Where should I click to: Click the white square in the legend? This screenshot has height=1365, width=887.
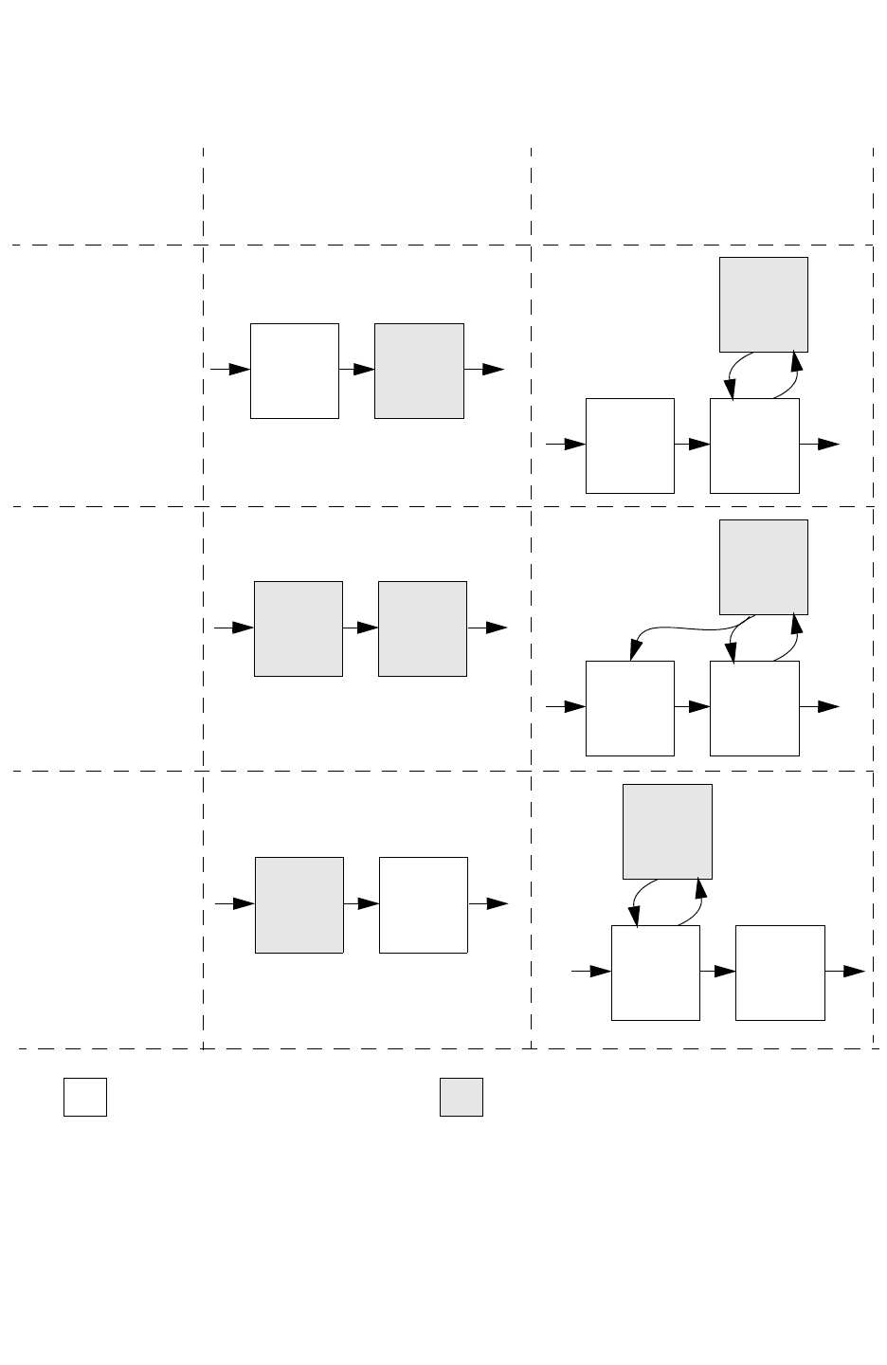(x=84, y=1097)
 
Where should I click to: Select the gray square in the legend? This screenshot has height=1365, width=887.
(x=461, y=1097)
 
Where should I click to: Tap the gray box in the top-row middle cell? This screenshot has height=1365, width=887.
(x=419, y=371)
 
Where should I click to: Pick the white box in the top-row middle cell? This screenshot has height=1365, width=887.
(x=294, y=371)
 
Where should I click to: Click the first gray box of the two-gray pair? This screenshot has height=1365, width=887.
(x=298, y=628)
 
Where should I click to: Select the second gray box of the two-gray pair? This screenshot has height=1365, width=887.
(x=422, y=628)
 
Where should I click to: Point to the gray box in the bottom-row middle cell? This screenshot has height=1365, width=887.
(x=299, y=905)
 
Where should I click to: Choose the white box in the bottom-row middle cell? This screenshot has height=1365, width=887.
(x=423, y=905)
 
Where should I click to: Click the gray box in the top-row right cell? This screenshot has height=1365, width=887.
(x=763, y=304)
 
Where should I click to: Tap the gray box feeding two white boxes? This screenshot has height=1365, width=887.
(x=763, y=567)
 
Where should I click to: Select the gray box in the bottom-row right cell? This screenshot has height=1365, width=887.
(x=666, y=831)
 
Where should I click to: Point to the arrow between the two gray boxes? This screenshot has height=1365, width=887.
(x=360, y=628)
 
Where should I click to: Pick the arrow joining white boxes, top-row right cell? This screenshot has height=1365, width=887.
(x=692, y=444)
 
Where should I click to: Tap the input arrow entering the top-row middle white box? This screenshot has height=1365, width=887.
(x=230, y=369)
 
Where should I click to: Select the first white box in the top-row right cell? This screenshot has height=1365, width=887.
(x=629, y=446)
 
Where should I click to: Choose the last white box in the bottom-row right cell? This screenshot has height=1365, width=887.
(x=779, y=973)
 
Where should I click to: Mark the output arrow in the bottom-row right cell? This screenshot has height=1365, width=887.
(x=844, y=971)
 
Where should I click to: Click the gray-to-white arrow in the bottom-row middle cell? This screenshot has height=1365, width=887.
(x=361, y=904)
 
